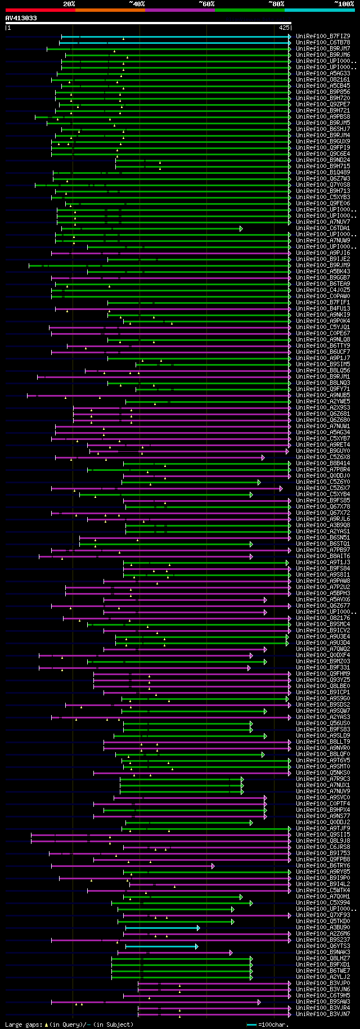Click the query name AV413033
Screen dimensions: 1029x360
(21, 18)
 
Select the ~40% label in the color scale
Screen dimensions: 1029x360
(137, 4)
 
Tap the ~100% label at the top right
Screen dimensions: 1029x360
(344, 4)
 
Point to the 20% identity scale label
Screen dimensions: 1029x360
(69, 4)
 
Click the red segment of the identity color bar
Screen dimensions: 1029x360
(40, 10)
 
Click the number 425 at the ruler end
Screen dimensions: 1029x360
(283, 27)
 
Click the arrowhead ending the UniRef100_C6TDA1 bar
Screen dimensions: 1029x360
(241, 228)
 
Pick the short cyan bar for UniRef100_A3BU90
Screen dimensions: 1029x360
(162, 927)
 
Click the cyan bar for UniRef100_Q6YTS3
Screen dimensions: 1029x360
(161, 946)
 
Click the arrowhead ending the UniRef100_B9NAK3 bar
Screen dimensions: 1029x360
(231, 952)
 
